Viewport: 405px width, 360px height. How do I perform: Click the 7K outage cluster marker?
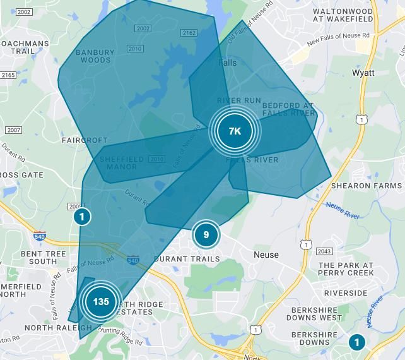click(x=235, y=131)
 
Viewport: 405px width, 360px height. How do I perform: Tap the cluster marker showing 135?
click(x=101, y=301)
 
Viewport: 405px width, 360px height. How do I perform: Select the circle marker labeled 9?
click(x=206, y=236)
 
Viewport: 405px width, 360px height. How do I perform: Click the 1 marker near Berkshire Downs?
click(x=356, y=342)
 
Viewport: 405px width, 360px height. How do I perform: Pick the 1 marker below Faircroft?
click(x=81, y=217)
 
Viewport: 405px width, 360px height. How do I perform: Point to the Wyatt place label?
click(x=363, y=73)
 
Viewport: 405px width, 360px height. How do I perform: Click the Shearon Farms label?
click(x=367, y=186)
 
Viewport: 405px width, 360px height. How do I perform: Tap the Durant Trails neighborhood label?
click(x=187, y=259)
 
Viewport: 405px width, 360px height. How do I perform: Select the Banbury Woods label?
click(x=95, y=56)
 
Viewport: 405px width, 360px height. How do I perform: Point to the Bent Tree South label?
click(x=43, y=258)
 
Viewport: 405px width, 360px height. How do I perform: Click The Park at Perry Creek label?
click(x=346, y=269)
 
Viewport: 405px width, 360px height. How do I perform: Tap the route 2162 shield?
click(x=189, y=33)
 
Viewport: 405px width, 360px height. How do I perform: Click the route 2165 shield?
click(x=8, y=75)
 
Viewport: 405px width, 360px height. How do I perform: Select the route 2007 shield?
click(x=13, y=130)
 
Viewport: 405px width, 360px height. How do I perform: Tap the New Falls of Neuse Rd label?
click(x=338, y=39)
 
